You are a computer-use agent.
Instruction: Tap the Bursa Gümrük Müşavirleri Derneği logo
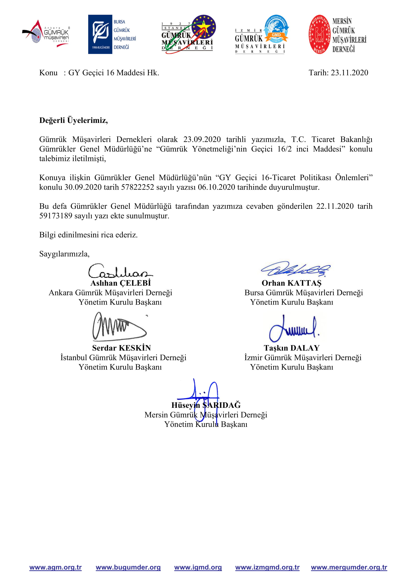coord(112,34)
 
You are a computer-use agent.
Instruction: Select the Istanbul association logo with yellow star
coord(189,34)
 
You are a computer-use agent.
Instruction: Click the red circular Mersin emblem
coord(319,34)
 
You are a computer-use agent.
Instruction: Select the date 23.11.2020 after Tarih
coord(349,73)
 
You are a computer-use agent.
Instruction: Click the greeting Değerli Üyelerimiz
coord(73,120)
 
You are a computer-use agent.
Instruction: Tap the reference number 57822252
coord(137,187)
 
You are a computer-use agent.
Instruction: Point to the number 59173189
coord(56,216)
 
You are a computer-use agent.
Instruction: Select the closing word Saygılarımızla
coord(64,254)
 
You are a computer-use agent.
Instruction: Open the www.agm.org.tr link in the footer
coord(56,567)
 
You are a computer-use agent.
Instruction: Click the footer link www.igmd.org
coord(198,567)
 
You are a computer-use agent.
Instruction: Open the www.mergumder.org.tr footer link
coord(349,567)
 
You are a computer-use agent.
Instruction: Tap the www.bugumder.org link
coord(128,567)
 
